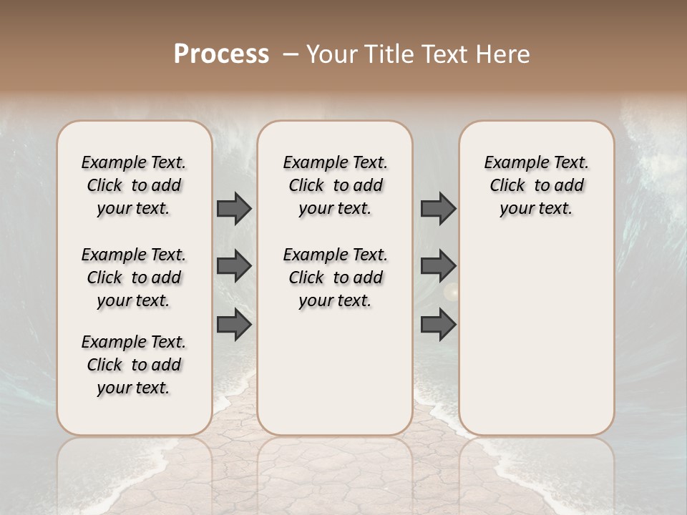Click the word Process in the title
point(221,54)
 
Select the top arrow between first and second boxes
point(234,208)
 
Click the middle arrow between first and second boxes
point(234,266)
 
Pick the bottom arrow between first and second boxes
point(234,325)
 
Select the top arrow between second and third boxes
point(438,208)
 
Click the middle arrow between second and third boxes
point(438,266)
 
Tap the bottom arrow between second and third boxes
point(438,325)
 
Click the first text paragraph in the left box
point(134,185)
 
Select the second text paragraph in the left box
point(134,278)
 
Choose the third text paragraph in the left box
point(134,365)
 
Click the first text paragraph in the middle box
point(335,185)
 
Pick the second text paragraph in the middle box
point(335,278)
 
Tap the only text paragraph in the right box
point(537,185)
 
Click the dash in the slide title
point(291,54)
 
